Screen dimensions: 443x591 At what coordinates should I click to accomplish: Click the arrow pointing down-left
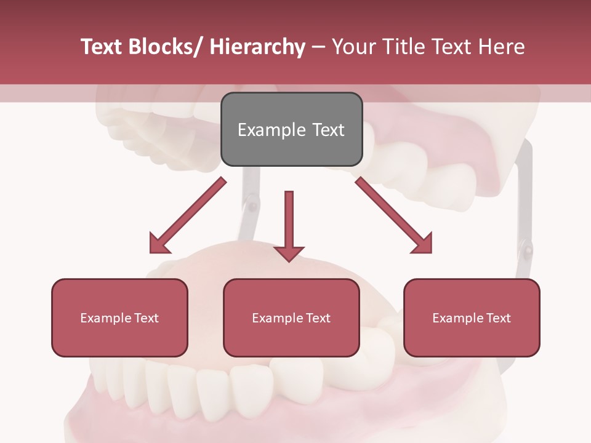click(188, 215)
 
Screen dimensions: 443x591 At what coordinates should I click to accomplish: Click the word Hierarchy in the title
click(257, 47)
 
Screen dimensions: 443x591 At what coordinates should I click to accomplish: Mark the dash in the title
click(318, 47)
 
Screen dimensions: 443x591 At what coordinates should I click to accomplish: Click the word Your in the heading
click(352, 47)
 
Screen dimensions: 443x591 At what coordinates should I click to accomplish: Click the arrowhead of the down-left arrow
click(159, 244)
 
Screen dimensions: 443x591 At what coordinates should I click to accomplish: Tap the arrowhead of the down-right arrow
click(423, 244)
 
